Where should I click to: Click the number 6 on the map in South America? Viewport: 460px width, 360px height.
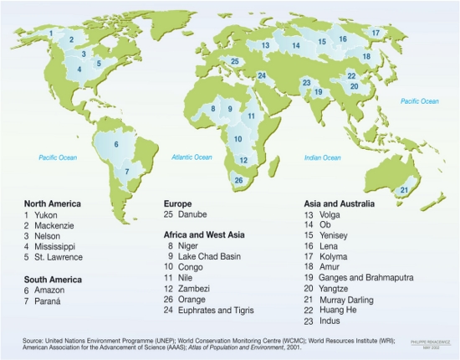pyautogui.click(x=116, y=144)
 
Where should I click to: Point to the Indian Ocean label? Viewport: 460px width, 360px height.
pyautogui.click(x=322, y=157)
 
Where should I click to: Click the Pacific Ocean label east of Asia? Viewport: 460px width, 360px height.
pyautogui.click(x=419, y=101)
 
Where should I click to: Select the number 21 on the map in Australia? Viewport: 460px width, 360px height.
pyautogui.click(x=404, y=190)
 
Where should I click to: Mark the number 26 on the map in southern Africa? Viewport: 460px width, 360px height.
pyautogui.click(x=239, y=180)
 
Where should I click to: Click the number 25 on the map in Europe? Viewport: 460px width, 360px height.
pyautogui.click(x=235, y=61)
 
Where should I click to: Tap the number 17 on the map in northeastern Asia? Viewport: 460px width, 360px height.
pyautogui.click(x=376, y=33)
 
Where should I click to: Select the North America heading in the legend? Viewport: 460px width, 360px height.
pyautogui.click(x=53, y=203)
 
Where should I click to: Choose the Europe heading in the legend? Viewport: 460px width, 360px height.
pyautogui.click(x=178, y=203)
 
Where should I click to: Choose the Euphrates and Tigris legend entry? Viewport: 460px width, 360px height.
pyautogui.click(x=210, y=310)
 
